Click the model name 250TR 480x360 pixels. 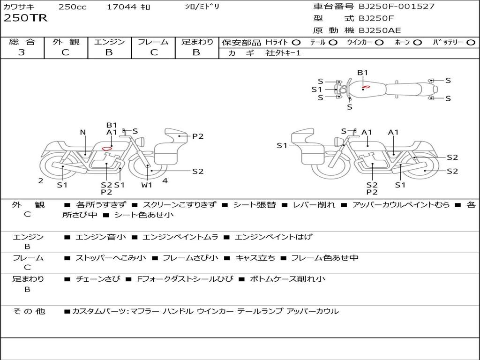25,18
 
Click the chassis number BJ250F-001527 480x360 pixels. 390,7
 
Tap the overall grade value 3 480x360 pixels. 22,52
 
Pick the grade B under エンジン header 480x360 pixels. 109,52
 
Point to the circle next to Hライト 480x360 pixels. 296,43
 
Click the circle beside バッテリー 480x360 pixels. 471,43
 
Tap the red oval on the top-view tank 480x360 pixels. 367,87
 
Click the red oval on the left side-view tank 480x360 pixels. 107,149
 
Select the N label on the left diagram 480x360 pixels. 82,132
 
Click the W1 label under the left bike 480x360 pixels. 147,185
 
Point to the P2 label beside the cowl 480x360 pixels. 198,136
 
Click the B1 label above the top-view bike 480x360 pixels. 362,73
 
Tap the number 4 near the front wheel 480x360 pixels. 165,180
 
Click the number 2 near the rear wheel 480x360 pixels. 41,180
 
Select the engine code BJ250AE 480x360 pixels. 380,30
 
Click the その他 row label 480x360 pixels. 29,311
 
